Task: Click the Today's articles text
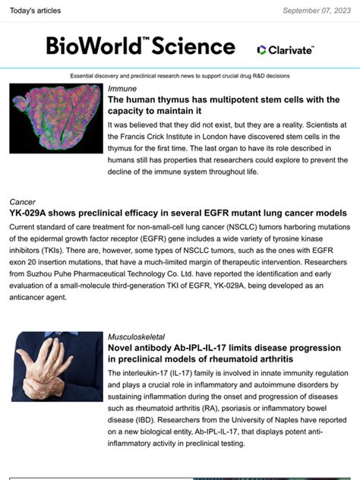click(x=33, y=11)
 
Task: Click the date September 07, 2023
click(x=316, y=11)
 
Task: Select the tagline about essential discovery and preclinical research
click(x=179, y=77)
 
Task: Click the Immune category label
click(x=122, y=89)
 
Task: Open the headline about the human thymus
click(x=223, y=105)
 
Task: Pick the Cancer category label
click(x=23, y=202)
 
